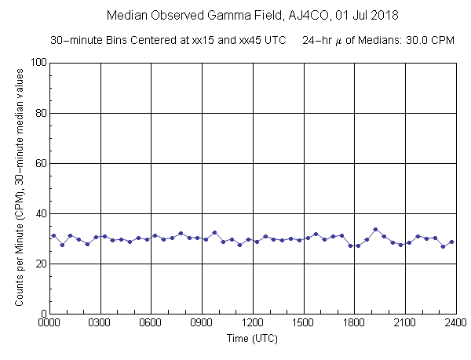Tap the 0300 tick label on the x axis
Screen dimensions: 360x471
(x=100, y=322)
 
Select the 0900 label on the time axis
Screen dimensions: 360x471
(x=202, y=322)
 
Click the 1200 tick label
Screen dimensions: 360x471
(x=253, y=322)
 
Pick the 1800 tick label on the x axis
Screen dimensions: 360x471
(x=354, y=322)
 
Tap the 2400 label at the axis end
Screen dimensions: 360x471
(x=455, y=322)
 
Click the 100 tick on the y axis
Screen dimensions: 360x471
(x=36, y=63)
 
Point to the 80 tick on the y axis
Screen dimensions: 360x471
(x=39, y=113)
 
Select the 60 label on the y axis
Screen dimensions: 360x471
(x=39, y=163)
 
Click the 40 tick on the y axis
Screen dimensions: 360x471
(x=39, y=213)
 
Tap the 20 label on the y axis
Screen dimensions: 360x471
(x=39, y=264)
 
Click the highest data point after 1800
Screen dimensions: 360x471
(x=375, y=229)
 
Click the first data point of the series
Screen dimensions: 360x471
(x=53, y=235)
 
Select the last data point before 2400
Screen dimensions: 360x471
(x=451, y=242)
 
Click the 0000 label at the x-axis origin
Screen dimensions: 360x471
(x=50, y=322)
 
